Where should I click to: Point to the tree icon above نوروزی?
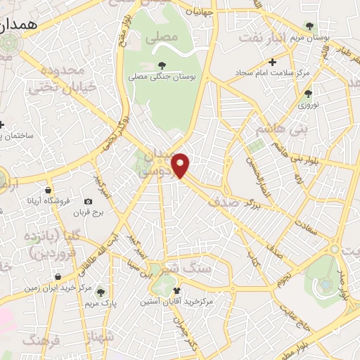pos(307,93)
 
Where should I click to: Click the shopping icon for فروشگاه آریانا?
pos(48,190)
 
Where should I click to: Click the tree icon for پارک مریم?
pos(101,292)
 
